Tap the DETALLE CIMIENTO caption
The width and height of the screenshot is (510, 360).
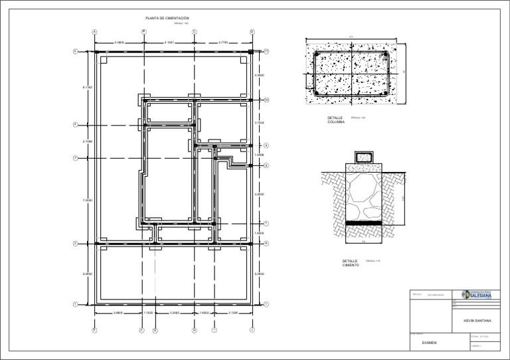tap(351, 263)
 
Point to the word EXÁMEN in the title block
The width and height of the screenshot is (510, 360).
tap(430, 343)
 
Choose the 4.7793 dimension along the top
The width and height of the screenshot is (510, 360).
tap(223, 43)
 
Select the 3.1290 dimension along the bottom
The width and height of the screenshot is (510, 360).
tap(233, 312)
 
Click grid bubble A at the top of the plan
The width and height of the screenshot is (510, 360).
tap(94, 31)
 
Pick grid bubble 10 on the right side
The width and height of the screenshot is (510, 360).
tap(266, 100)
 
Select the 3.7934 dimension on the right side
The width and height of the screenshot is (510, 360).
tap(260, 123)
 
